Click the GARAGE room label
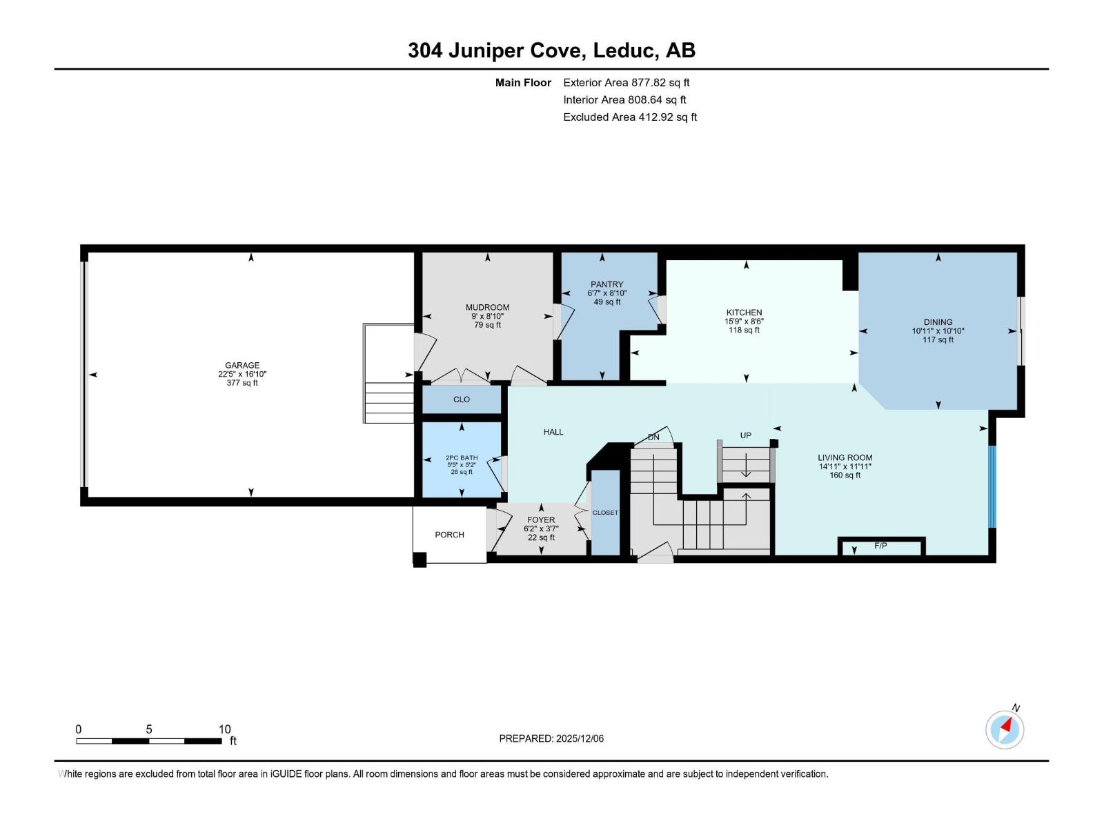click(242, 366)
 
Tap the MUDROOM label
click(487, 308)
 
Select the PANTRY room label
click(607, 284)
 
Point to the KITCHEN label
click(744, 313)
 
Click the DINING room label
click(938, 322)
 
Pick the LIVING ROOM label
click(845, 458)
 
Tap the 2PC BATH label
click(462, 458)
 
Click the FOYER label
click(541, 520)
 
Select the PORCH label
click(450, 535)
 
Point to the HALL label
click(553, 432)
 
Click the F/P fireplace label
click(880, 546)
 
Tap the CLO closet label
click(461, 400)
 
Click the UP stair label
click(745, 435)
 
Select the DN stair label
click(653, 437)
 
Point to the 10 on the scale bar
click(224, 729)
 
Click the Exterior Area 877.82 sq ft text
click(627, 82)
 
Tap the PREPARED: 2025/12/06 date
click(551, 738)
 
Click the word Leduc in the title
click(625, 50)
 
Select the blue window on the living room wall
click(992, 486)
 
